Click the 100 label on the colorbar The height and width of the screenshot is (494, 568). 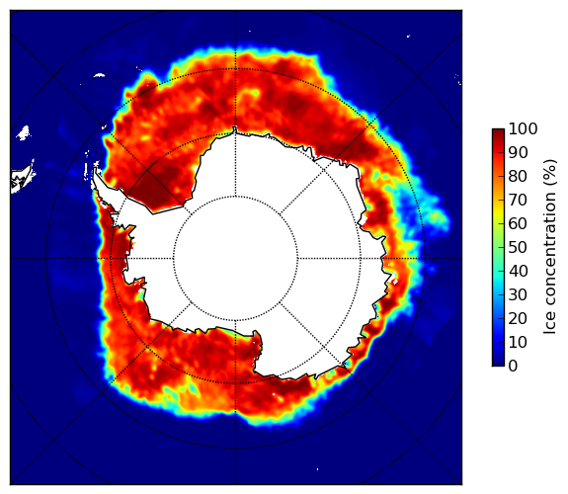(x=523, y=129)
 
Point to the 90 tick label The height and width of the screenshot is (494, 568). (x=518, y=152)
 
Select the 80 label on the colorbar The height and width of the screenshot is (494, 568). (x=518, y=177)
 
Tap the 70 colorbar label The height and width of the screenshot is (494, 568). (x=518, y=200)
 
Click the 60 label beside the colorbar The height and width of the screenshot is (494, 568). (x=518, y=223)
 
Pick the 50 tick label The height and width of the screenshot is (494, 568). (x=518, y=248)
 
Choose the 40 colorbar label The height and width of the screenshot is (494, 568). (x=518, y=271)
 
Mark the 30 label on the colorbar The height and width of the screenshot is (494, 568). (x=518, y=295)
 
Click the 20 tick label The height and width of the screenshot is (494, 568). (x=518, y=318)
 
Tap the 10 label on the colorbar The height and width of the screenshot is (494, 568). (x=518, y=342)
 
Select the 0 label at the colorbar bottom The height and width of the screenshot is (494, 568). (x=513, y=367)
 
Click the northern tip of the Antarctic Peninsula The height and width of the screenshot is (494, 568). (x=95, y=170)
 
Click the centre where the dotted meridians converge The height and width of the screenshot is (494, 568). (x=235, y=259)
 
